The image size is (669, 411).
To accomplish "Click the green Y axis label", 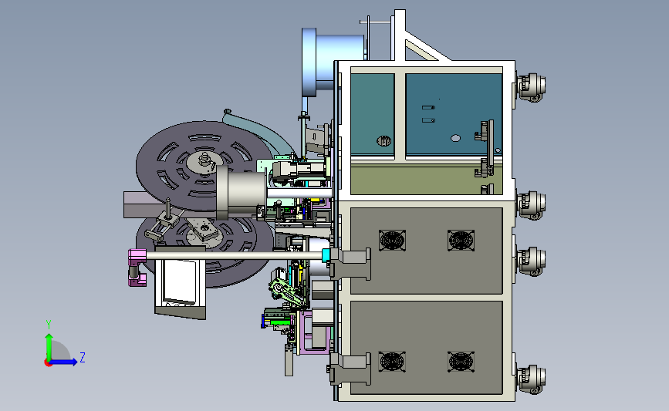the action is [x=49, y=325].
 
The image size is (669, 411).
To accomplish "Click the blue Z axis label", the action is [x=83, y=357].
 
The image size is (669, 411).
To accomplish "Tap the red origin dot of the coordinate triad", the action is [x=48, y=363].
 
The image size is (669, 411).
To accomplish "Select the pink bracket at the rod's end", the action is [x=137, y=268].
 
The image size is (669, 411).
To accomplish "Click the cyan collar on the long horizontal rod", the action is [x=326, y=256].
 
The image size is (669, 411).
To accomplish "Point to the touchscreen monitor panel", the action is [x=180, y=281].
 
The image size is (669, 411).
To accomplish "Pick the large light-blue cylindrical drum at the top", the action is [x=333, y=62].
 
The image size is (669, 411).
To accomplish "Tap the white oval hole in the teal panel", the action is [x=456, y=138].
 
